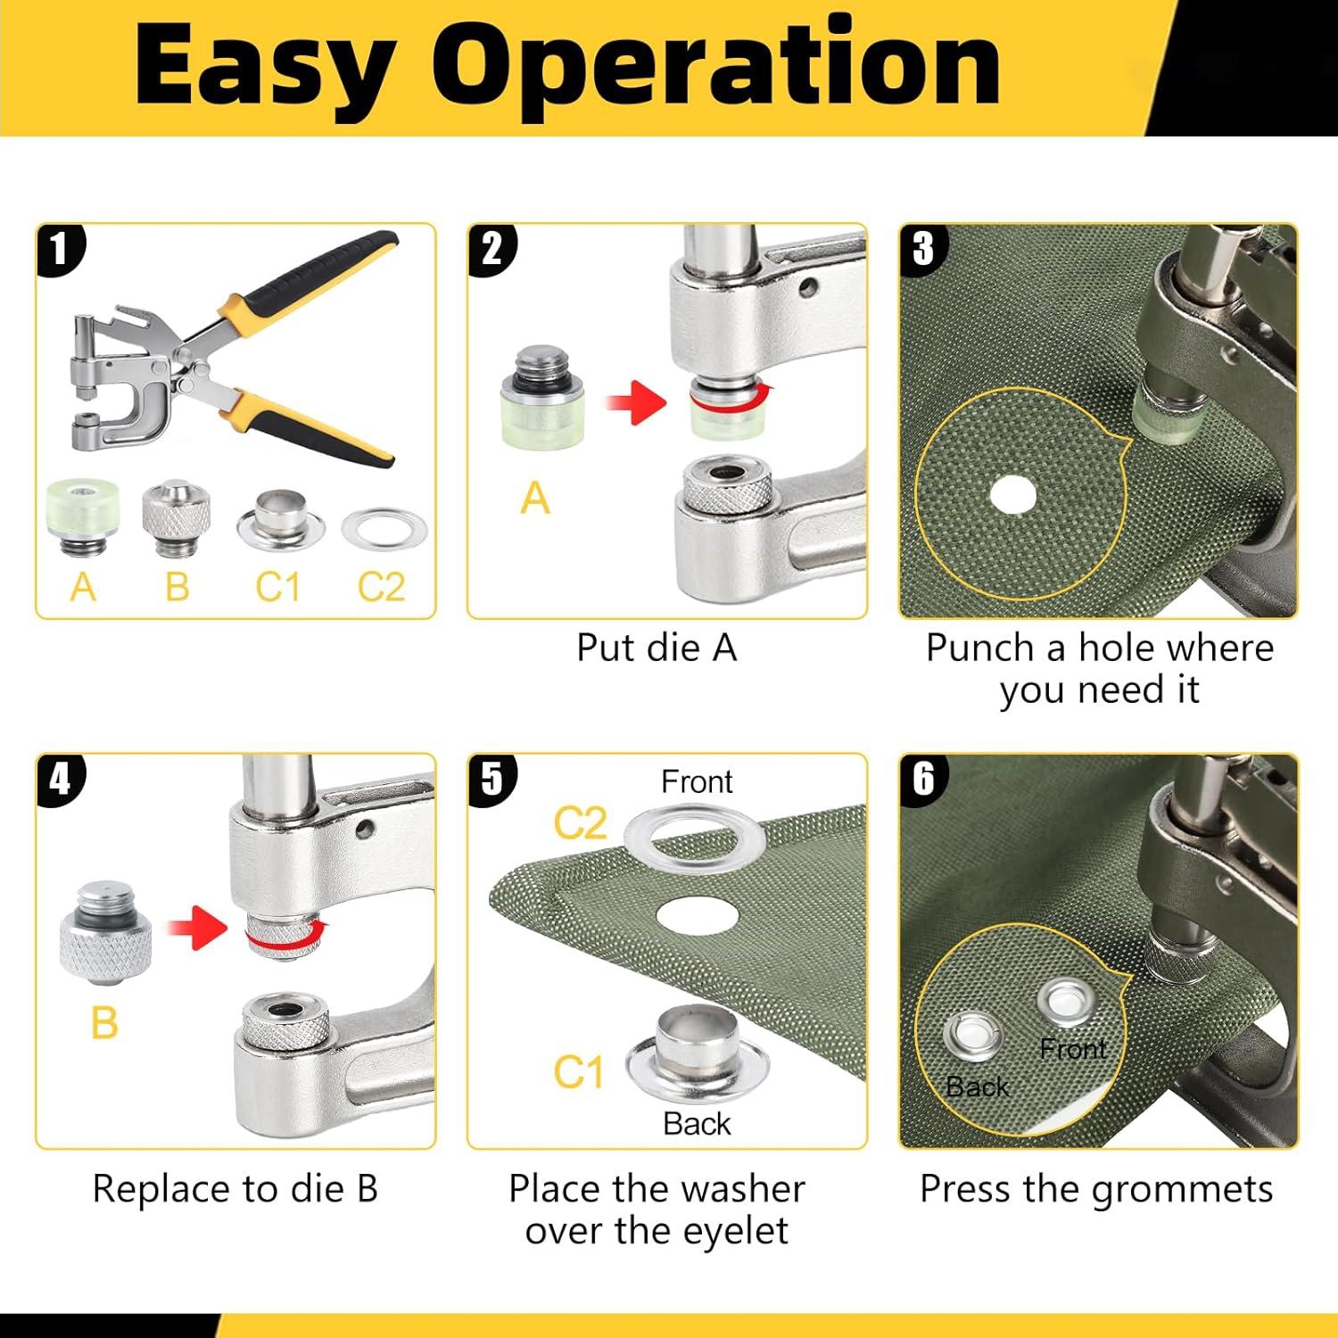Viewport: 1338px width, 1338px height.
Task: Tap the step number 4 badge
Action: pos(59,779)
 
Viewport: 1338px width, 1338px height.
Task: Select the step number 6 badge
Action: pos(923,779)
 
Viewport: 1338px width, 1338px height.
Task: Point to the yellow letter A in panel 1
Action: pos(83,587)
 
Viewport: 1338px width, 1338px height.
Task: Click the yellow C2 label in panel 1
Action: pos(381,587)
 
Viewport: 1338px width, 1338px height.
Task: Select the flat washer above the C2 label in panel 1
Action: pos(384,531)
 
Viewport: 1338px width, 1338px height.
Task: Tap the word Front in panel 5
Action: pos(697,782)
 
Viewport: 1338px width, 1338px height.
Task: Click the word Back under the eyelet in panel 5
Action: pos(697,1124)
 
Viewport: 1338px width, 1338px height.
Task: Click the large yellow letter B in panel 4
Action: pos(104,1022)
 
